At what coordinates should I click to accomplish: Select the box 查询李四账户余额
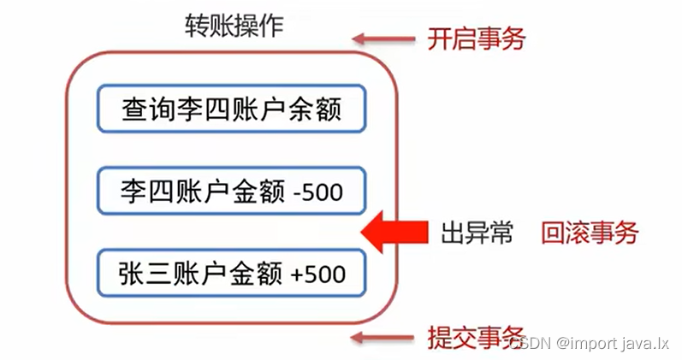pos(231,108)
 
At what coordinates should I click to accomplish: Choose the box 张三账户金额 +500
pos(231,274)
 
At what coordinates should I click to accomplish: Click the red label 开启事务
pos(476,38)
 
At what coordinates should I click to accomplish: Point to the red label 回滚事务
pos(590,232)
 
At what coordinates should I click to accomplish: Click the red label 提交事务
pos(476,339)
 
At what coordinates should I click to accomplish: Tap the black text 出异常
pos(477,232)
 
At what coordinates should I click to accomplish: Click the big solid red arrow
pos(394,232)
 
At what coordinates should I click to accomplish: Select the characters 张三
pos(145,274)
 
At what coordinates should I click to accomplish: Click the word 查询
pos(145,109)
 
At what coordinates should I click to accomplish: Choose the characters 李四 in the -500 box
pos(145,192)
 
